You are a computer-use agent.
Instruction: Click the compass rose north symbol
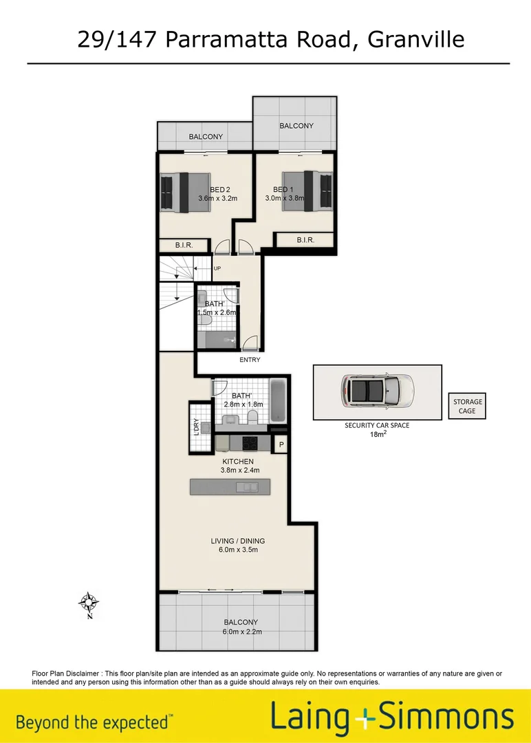point(88,603)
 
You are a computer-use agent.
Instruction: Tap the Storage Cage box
point(468,407)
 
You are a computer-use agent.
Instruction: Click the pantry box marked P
point(281,446)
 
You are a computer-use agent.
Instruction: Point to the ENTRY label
point(250,360)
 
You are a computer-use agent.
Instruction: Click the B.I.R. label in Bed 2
point(183,246)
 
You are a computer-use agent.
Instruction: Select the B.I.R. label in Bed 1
point(305,240)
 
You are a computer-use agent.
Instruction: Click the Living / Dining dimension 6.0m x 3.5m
point(237,550)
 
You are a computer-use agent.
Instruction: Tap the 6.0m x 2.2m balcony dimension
point(237,632)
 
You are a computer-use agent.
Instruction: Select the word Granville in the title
point(416,39)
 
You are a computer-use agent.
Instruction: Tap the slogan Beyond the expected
point(92,722)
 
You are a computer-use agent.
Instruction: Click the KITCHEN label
point(237,462)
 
